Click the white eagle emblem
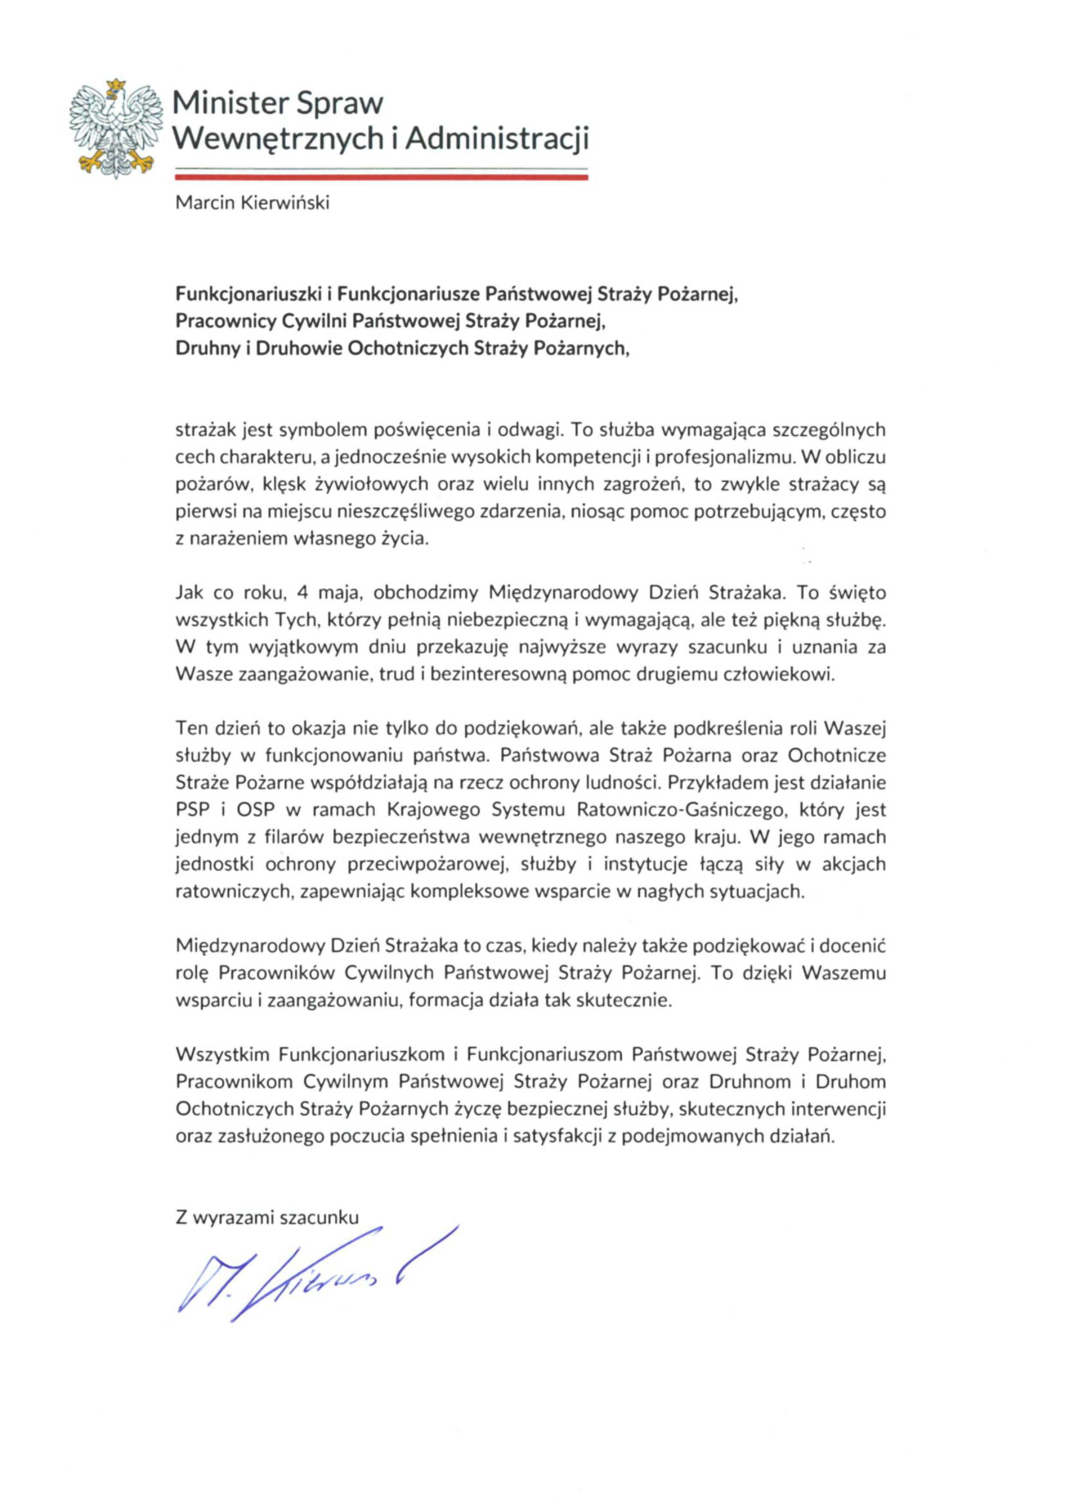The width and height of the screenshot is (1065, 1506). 115,128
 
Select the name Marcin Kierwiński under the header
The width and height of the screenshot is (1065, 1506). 252,203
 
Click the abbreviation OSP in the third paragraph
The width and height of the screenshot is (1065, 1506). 255,809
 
